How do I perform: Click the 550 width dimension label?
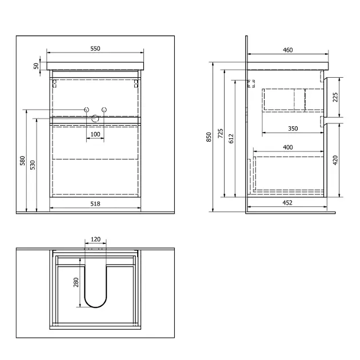click(x=95, y=49)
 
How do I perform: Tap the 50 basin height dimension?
click(x=36, y=66)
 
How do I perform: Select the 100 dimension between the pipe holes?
click(x=95, y=134)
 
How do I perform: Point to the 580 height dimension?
click(x=22, y=161)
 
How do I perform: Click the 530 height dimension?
click(x=33, y=165)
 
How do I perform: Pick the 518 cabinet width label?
click(x=95, y=203)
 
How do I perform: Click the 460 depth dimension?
click(x=287, y=50)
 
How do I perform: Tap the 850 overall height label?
click(x=209, y=137)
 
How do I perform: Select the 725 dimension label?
click(x=221, y=133)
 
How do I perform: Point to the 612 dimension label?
click(x=231, y=138)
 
